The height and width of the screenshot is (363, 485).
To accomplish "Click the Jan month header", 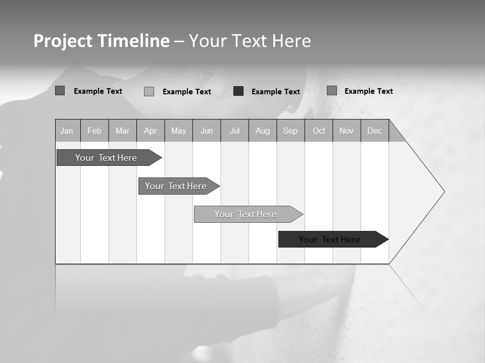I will (x=67, y=131).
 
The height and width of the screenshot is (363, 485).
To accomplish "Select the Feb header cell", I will (x=94, y=131).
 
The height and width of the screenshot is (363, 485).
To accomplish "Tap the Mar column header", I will (x=122, y=131).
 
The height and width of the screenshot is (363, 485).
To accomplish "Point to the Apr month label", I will (x=151, y=131).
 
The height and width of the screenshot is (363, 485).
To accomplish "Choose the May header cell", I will (x=178, y=131).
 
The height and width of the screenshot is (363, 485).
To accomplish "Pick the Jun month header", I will (x=207, y=131).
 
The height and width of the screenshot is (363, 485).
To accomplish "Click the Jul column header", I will (x=235, y=131).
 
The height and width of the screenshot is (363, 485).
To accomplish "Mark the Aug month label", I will (x=263, y=131).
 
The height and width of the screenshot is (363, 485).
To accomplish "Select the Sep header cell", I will (x=290, y=131).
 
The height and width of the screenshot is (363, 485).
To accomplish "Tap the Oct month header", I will (x=319, y=131).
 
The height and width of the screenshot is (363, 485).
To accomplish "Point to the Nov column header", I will (x=347, y=131).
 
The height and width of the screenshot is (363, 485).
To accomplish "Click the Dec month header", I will (x=375, y=131).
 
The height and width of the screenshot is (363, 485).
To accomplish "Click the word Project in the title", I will (x=63, y=41).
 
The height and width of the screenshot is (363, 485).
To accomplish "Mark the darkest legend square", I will (x=238, y=91).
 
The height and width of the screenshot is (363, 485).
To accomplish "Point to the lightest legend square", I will (x=149, y=91).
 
